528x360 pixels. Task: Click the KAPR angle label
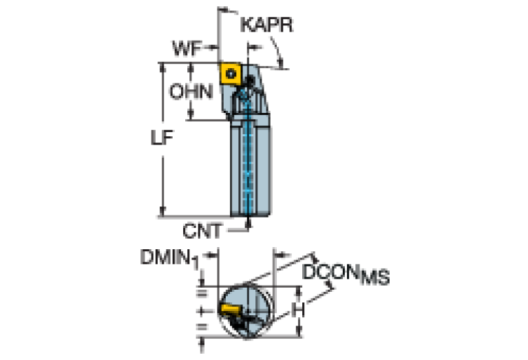click(x=266, y=26)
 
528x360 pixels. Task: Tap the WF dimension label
click(x=188, y=48)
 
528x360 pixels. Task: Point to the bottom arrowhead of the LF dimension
click(x=164, y=212)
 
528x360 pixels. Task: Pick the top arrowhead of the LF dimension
click(x=164, y=67)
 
